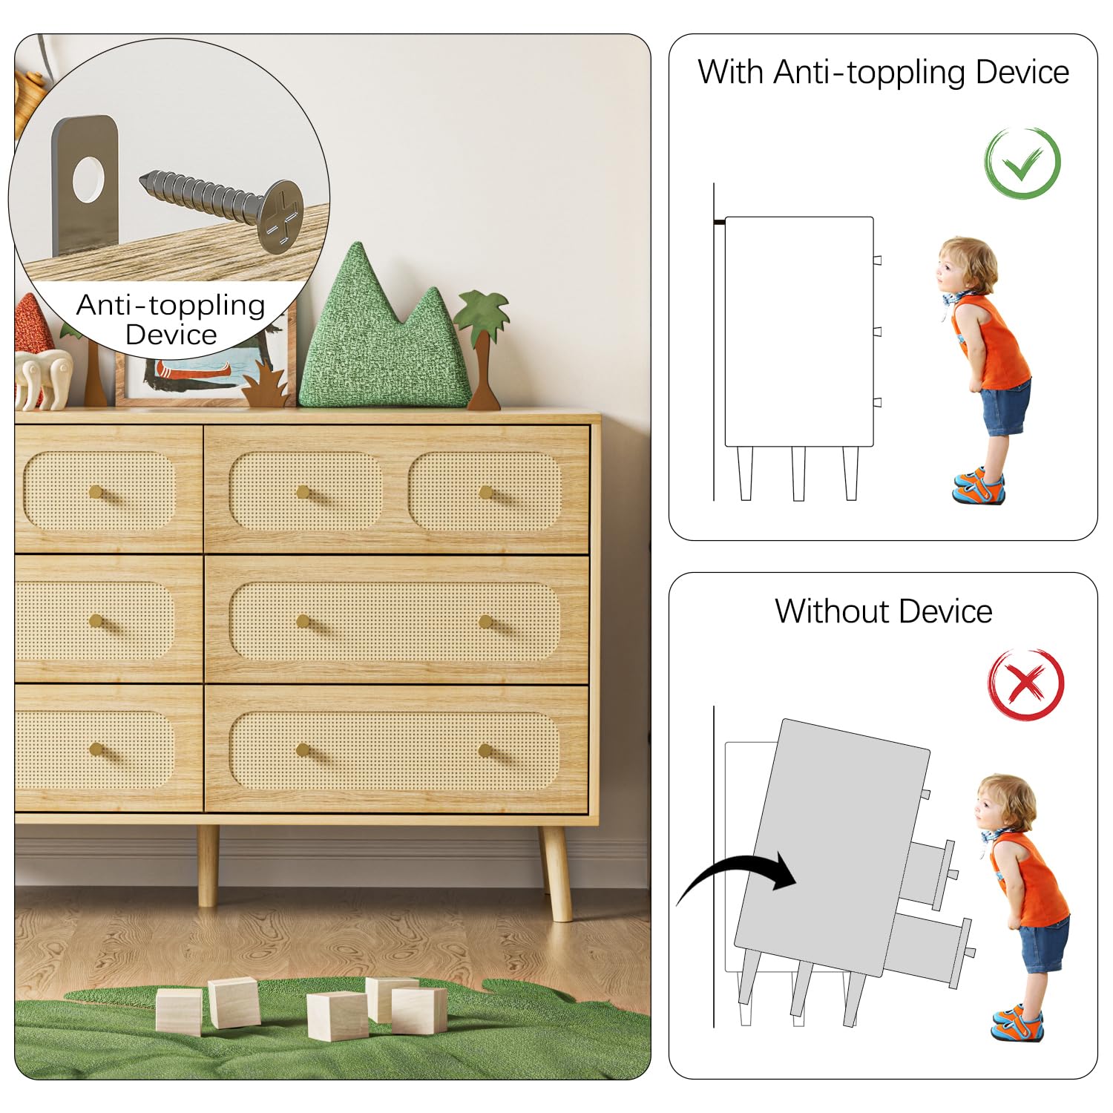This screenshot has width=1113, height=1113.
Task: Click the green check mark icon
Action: (x=1022, y=162)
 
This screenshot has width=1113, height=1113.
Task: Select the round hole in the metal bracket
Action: (x=88, y=179)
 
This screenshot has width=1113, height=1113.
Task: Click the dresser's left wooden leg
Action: (x=208, y=865)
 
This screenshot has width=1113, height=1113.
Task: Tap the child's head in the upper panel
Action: (x=965, y=266)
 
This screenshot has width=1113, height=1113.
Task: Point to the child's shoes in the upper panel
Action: (x=979, y=485)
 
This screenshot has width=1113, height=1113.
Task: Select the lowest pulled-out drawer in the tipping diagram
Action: (x=929, y=951)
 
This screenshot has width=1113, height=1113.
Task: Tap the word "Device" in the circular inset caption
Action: (x=171, y=335)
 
